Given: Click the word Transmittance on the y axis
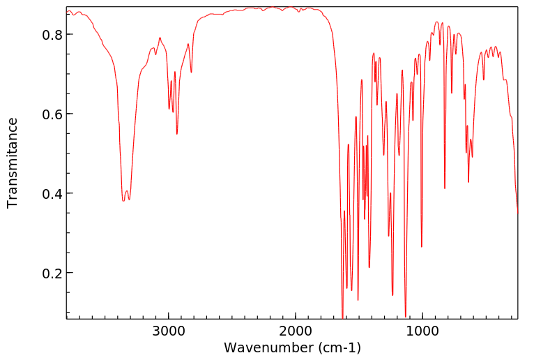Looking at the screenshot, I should pos(13,163).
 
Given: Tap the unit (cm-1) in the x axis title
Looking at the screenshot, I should pos(337,347).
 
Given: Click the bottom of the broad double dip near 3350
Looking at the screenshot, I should pos(123,201).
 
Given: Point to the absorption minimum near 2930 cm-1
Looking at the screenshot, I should pos(177,134).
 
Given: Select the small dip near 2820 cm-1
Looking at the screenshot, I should pos(191,72).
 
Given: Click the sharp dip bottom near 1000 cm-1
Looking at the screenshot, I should pos(421,246).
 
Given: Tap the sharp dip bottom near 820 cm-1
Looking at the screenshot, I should pos(445,188).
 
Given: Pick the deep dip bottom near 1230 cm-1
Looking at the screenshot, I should pos(392,295).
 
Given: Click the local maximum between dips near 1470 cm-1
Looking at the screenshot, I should pos(362,80).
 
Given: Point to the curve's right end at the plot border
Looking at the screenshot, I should pos(517,211).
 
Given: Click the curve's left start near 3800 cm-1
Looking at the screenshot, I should pos(68,12).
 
